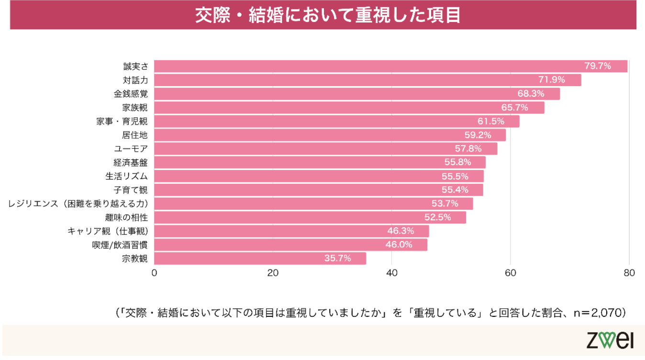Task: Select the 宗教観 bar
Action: [260, 259]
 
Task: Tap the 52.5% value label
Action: [437, 217]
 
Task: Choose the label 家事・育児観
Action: [122, 122]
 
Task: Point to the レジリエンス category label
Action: [78, 204]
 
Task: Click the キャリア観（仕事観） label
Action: [108, 231]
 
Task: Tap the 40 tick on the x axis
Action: [392, 273]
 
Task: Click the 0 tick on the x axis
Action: [155, 273]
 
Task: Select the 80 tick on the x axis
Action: [629, 273]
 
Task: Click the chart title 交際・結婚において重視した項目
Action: [328, 15]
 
